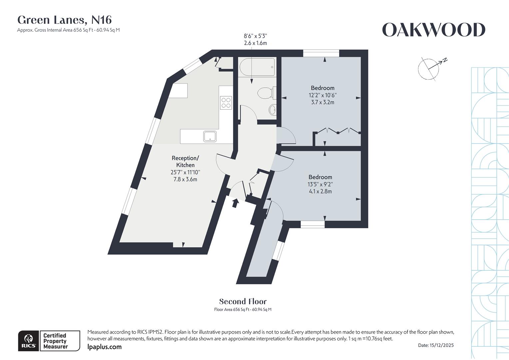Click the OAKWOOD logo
point(433,30)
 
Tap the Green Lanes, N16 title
point(64,20)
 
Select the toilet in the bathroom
point(265,93)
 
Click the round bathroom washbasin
point(272,109)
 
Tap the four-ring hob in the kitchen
point(226,102)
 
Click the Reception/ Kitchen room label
point(185,161)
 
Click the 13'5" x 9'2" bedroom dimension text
point(320,184)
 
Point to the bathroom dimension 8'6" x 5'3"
point(255,36)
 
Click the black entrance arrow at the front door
point(235,203)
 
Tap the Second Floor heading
point(243,302)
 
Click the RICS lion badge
point(29,341)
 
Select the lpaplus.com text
point(104,347)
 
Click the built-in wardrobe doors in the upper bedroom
point(337,131)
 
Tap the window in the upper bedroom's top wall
point(321,53)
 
